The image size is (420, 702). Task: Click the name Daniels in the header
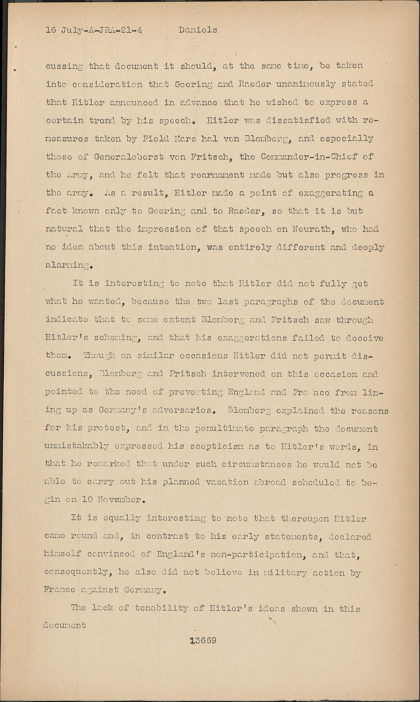click(x=198, y=30)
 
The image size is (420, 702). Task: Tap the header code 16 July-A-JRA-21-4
click(x=94, y=30)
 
